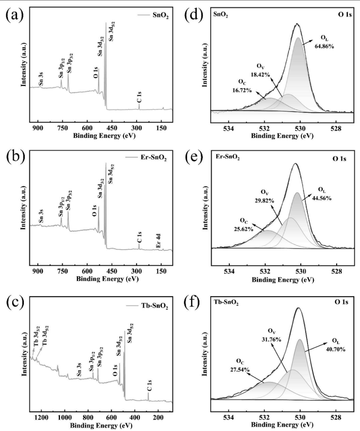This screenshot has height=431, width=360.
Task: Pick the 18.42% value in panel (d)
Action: click(x=266, y=76)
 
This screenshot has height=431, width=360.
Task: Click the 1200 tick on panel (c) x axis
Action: click(x=42, y=416)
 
